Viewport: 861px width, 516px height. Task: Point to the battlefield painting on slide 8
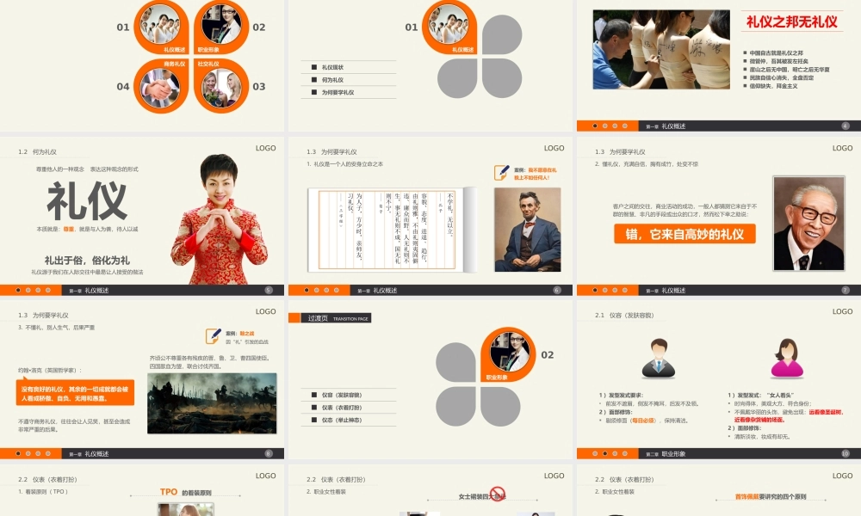212,402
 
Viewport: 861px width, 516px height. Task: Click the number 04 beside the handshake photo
123,87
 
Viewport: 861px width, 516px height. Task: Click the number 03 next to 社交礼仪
259,87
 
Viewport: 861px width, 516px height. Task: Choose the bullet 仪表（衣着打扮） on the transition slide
343,407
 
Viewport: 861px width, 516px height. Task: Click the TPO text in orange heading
169,492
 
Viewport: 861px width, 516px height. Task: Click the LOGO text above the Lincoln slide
554,149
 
